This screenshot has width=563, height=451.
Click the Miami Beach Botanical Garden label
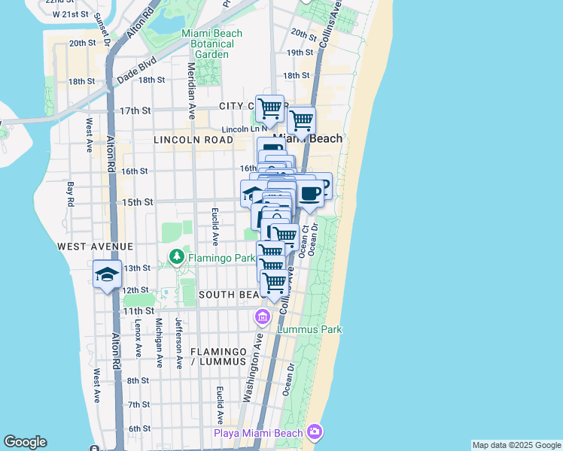pos(208,44)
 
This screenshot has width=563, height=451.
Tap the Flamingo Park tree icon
pos(176,258)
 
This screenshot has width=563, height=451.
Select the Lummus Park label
pos(309,329)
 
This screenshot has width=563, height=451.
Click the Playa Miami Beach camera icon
pos(315,431)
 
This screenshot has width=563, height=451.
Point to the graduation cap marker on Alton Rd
pos(107,274)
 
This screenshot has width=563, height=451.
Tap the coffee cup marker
pos(310,194)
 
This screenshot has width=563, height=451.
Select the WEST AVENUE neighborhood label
pos(96,247)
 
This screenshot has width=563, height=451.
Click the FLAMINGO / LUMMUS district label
pos(218,356)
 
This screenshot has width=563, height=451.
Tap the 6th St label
pos(139,428)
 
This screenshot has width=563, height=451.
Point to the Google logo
pos(25,442)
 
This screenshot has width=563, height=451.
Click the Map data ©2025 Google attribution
pos(516,445)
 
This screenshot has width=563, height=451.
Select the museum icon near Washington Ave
pos(263,316)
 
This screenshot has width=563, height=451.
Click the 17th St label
pos(135,110)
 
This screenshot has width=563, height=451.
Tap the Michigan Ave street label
pos(159,342)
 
